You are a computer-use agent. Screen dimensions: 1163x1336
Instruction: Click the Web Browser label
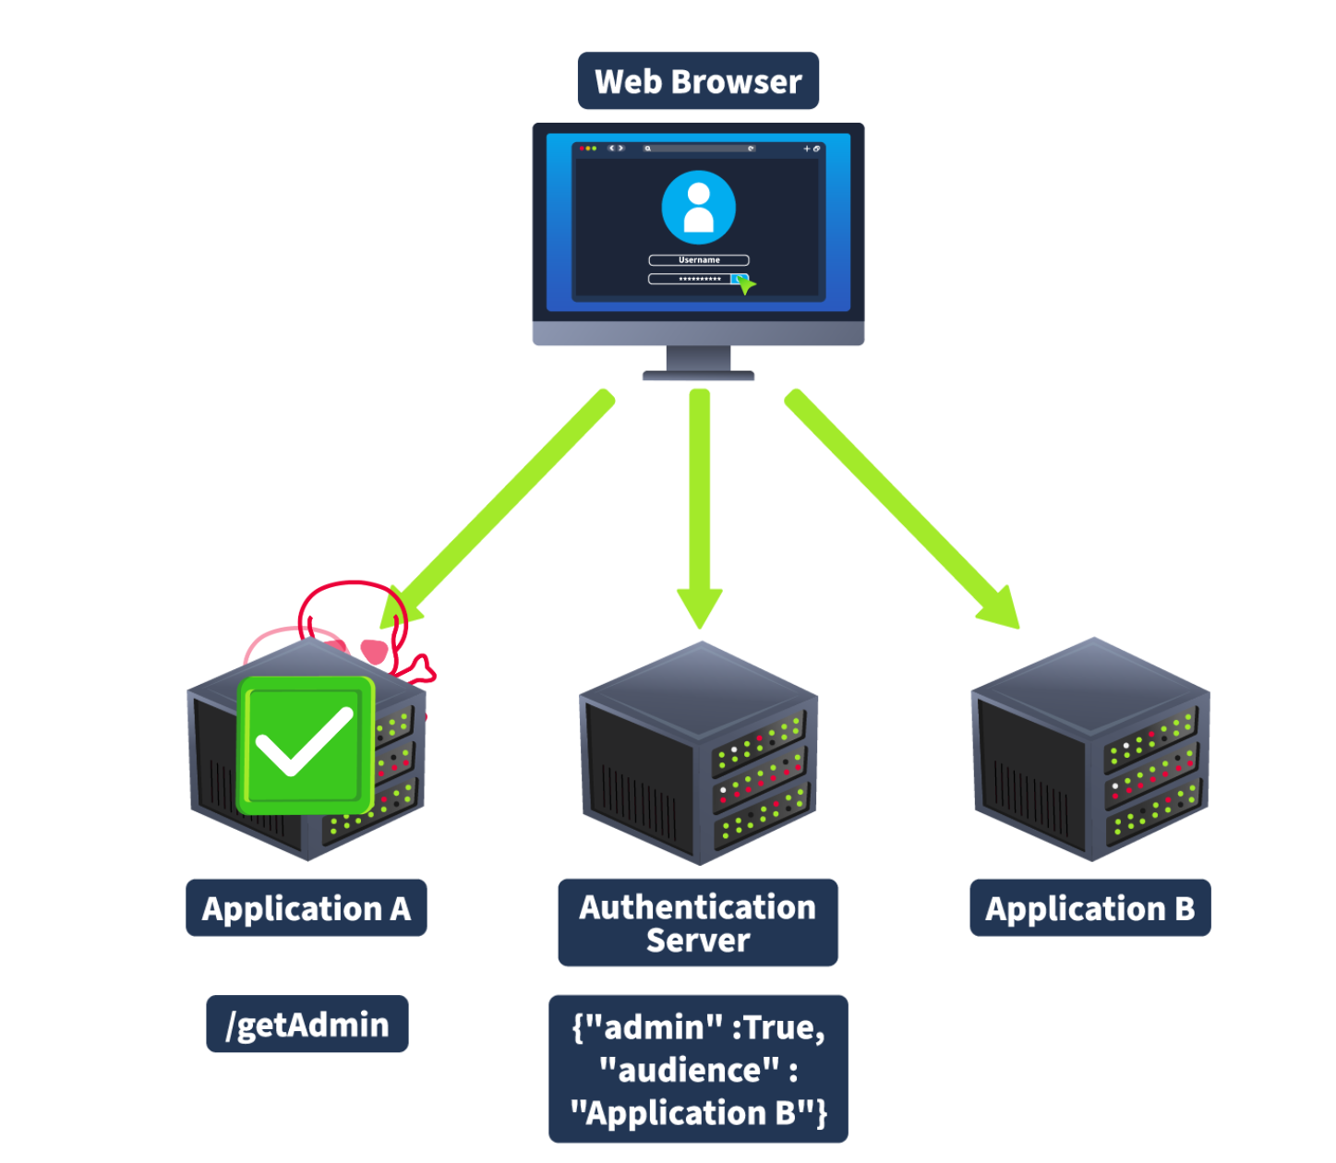698,81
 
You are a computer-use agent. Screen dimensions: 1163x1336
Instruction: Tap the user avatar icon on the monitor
698,207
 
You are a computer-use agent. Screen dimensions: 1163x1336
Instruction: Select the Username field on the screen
698,260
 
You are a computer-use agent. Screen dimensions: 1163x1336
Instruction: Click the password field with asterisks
692,279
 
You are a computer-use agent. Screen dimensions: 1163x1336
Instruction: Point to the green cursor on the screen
745,284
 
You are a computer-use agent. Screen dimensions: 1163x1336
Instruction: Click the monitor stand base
698,375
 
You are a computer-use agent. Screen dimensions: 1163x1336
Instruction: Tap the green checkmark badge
306,746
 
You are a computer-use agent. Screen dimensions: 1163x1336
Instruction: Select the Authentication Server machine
698,753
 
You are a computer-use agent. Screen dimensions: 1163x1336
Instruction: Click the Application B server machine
1090,749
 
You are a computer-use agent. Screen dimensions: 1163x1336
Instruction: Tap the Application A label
306,908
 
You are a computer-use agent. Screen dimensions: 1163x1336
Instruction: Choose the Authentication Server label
698,923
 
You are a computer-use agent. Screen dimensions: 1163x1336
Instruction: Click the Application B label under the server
1089,908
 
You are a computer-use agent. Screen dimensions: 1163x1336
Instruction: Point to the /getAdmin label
307,1025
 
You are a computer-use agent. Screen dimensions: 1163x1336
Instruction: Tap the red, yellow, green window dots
587,148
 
